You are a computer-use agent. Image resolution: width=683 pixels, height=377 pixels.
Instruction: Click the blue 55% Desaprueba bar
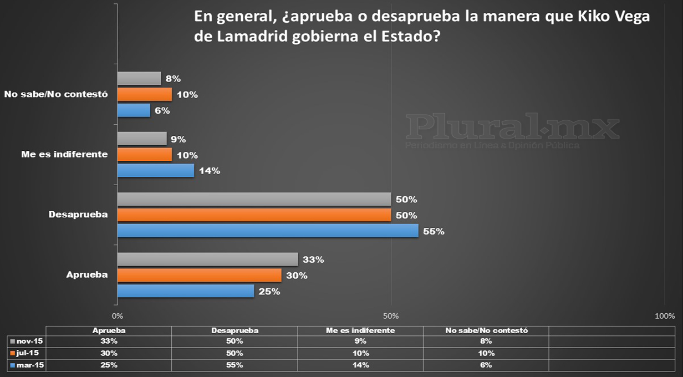pos(267,231)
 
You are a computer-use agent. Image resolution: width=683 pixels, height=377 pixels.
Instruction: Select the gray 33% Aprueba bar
pos(207,259)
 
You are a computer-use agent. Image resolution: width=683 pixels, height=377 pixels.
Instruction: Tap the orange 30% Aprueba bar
pos(199,275)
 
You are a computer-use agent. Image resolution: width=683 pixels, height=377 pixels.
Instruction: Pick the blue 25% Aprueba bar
pos(185,291)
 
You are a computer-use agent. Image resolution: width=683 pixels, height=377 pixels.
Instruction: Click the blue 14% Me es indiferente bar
pos(155,170)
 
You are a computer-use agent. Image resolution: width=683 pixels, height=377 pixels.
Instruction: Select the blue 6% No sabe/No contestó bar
pos(133,110)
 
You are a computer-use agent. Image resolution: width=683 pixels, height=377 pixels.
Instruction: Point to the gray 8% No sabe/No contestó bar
pos(139,79)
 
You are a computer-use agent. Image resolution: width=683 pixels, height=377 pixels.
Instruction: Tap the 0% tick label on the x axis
pos(118,316)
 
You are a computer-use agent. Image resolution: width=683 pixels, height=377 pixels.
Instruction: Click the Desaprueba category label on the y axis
pos(78,214)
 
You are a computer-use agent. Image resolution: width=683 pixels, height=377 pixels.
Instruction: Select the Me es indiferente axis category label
pos(64,154)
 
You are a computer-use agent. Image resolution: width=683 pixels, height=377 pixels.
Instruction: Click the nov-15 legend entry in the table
pos(27,341)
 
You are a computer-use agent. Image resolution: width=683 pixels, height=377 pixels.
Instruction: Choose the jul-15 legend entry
pos(26,353)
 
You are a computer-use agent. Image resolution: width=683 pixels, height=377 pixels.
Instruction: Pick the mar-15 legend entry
pos(27,365)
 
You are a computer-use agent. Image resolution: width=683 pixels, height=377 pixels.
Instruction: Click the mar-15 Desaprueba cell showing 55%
pos(235,365)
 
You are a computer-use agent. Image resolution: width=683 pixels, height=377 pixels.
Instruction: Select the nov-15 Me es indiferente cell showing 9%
pos(360,341)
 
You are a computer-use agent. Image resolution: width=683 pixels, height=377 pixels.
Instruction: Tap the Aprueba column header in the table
pos(109,330)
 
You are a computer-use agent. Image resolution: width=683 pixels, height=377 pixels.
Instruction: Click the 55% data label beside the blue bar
pos(434,231)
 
